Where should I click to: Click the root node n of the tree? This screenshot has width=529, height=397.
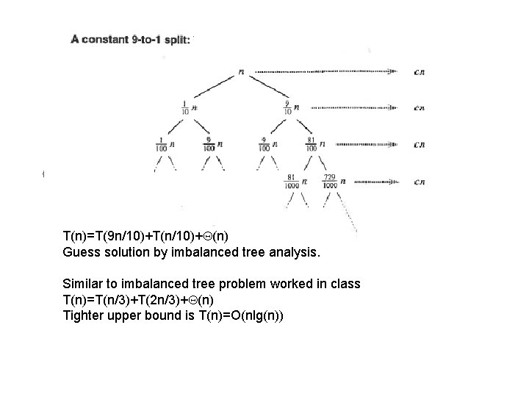click(242, 72)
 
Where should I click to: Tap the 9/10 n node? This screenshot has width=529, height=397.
click(291, 108)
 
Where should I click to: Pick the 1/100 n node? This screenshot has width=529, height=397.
click(165, 144)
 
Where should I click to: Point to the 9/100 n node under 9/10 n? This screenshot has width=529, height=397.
click(267, 144)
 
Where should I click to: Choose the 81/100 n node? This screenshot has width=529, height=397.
click(315, 144)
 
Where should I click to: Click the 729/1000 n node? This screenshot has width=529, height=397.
click(335, 182)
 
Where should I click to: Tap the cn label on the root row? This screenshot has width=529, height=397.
click(419, 72)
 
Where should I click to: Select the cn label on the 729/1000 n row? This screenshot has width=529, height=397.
click(419, 182)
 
